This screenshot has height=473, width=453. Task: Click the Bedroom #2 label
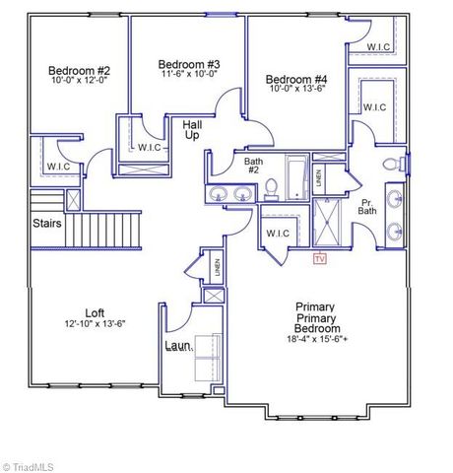point(80,71)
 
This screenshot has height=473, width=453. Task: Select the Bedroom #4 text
point(296,79)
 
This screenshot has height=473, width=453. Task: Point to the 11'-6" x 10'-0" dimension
point(188,74)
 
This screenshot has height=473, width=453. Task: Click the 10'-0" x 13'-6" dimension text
point(296,88)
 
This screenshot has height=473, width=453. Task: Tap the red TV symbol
point(318,259)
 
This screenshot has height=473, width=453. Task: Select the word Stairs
point(47,223)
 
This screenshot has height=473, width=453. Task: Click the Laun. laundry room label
point(178,346)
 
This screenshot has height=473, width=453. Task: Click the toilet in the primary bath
point(391,164)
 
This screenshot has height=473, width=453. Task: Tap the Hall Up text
point(192,131)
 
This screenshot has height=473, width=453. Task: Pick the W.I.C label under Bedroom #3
point(150,148)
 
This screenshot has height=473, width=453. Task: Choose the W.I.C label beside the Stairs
point(58,166)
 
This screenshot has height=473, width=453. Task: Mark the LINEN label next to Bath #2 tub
point(318,178)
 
